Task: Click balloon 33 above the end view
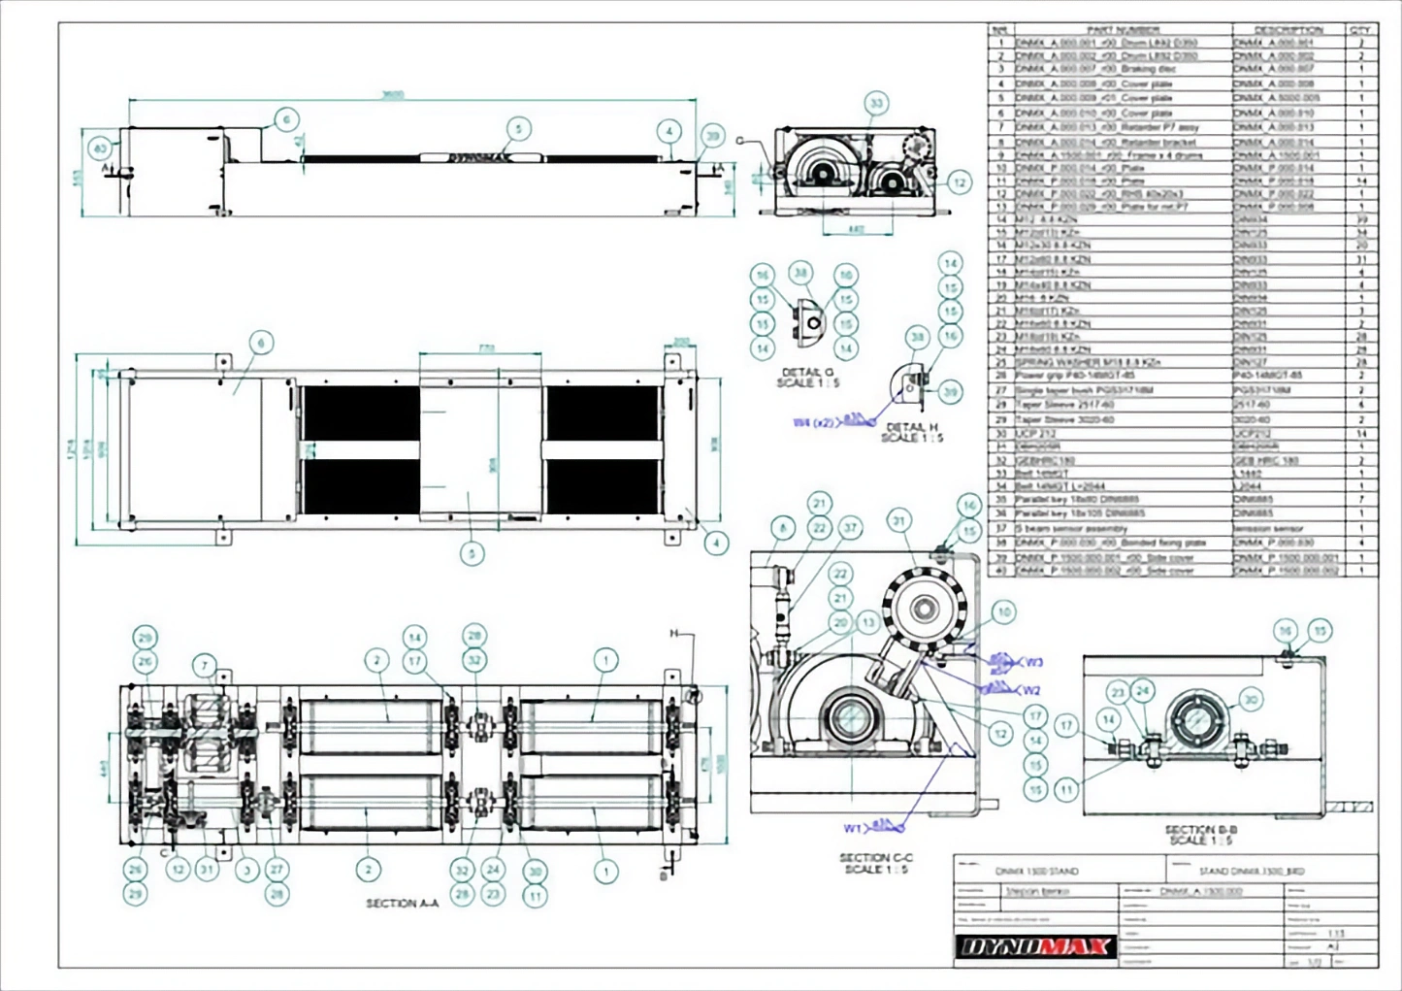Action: click(877, 103)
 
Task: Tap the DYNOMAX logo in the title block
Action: click(1035, 946)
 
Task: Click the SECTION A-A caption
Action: click(402, 903)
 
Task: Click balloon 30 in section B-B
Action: click(1252, 699)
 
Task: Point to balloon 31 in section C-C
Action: click(899, 521)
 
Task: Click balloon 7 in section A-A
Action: click(205, 665)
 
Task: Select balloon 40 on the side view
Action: click(101, 149)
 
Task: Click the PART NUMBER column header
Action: click(1123, 30)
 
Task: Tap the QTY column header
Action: click(1360, 30)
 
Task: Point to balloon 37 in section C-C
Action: click(850, 528)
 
